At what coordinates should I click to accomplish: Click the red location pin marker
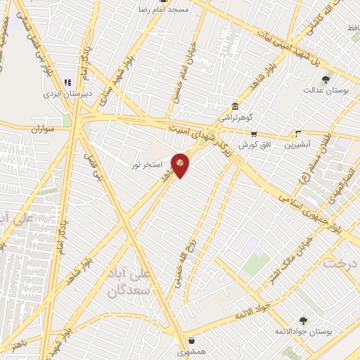[x=181, y=165]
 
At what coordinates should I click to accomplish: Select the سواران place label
[x=43, y=130]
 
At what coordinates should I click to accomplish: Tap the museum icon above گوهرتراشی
[x=235, y=106]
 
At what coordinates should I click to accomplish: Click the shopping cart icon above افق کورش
[x=254, y=134]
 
